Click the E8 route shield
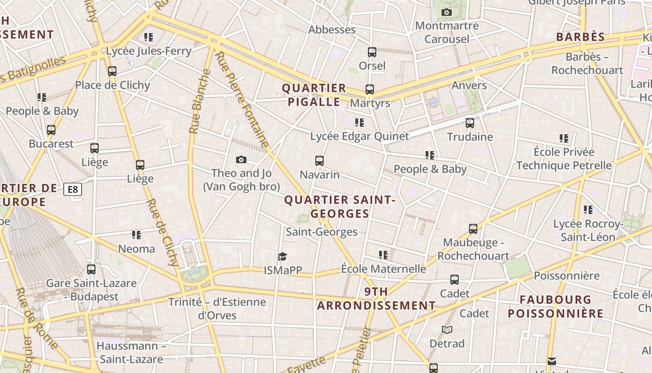(73, 189)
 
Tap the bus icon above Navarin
(319, 161)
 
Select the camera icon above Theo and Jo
(241, 159)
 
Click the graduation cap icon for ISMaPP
(282, 256)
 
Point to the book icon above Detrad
(447, 330)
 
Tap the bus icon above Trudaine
(470, 123)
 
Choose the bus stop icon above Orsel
(372, 52)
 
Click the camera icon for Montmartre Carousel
(447, 12)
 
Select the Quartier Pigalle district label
(314, 95)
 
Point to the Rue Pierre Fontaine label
(242, 100)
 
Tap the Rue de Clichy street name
(163, 232)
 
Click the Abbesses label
(332, 29)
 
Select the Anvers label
(469, 85)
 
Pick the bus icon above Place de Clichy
(112, 71)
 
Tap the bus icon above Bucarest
(51, 130)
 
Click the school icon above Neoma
(136, 235)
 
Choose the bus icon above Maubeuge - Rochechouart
(473, 229)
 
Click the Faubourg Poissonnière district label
(556, 306)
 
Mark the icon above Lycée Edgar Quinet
(359, 122)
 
